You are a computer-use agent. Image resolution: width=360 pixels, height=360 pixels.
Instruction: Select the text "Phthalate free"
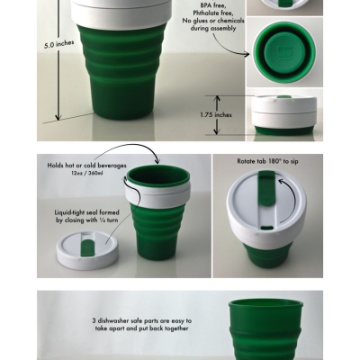point(213,15)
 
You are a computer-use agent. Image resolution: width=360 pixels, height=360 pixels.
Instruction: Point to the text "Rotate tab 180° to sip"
point(267,162)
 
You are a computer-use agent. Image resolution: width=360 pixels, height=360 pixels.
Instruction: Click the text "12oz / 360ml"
point(91,175)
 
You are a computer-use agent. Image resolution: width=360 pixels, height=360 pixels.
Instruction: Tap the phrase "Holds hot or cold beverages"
point(89,166)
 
